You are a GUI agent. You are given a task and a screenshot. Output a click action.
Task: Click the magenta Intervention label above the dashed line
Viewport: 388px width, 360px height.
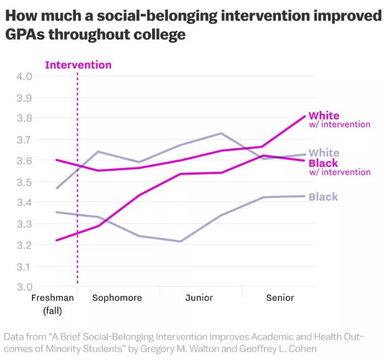point(78,65)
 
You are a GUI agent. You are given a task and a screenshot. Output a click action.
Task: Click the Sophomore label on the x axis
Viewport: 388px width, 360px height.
point(117,298)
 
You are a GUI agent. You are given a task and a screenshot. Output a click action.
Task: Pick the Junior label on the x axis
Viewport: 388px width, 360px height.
point(199,298)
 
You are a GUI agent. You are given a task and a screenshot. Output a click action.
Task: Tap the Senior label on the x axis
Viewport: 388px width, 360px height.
point(280,298)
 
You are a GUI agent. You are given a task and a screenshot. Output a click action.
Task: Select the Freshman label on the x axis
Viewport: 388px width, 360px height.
point(53,298)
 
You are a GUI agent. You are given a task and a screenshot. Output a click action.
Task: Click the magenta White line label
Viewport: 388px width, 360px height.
point(324,116)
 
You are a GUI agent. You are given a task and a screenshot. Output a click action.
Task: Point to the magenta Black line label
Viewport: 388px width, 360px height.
point(323,163)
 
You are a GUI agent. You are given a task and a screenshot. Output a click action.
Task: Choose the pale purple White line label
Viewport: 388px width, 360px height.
point(324,153)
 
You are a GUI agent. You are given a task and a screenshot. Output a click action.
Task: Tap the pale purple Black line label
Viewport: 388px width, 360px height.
point(323,197)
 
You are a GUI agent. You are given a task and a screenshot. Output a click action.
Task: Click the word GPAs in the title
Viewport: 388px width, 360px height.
point(28,35)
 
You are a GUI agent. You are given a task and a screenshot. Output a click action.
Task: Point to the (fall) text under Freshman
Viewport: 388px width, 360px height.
point(53,311)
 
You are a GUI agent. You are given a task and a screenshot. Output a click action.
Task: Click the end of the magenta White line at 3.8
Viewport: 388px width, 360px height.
point(305,116)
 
